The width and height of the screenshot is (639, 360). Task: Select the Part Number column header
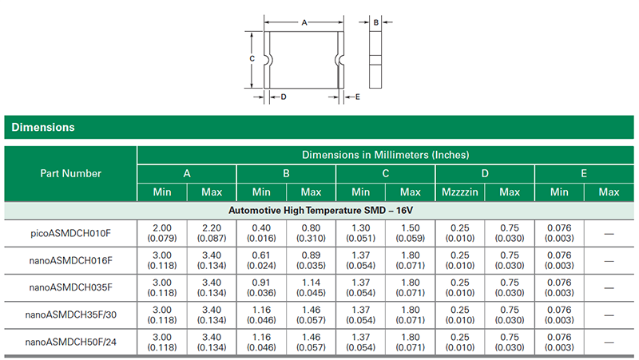click(x=71, y=173)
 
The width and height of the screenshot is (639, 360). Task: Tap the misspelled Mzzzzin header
click(x=460, y=192)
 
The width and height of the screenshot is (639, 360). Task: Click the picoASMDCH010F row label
click(x=71, y=232)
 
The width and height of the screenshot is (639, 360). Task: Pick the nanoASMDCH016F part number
click(x=71, y=260)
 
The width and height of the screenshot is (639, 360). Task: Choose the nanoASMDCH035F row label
click(x=71, y=287)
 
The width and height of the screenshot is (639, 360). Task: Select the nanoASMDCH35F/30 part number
click(x=71, y=315)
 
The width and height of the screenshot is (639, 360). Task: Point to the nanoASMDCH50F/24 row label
click(x=71, y=342)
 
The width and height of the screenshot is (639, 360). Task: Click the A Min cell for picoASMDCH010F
click(x=162, y=232)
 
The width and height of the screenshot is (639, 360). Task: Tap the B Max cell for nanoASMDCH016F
click(x=311, y=260)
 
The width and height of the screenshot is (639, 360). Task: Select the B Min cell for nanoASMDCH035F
click(x=261, y=287)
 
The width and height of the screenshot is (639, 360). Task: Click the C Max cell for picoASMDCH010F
click(x=410, y=232)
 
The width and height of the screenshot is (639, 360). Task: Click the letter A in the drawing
click(x=304, y=23)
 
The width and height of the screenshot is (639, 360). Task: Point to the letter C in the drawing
click(x=251, y=59)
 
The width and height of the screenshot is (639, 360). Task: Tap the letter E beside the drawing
click(x=358, y=97)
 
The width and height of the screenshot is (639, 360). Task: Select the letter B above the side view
click(x=375, y=24)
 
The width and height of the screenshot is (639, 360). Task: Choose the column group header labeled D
click(x=485, y=173)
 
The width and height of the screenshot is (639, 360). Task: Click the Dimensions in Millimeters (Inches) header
click(x=385, y=154)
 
